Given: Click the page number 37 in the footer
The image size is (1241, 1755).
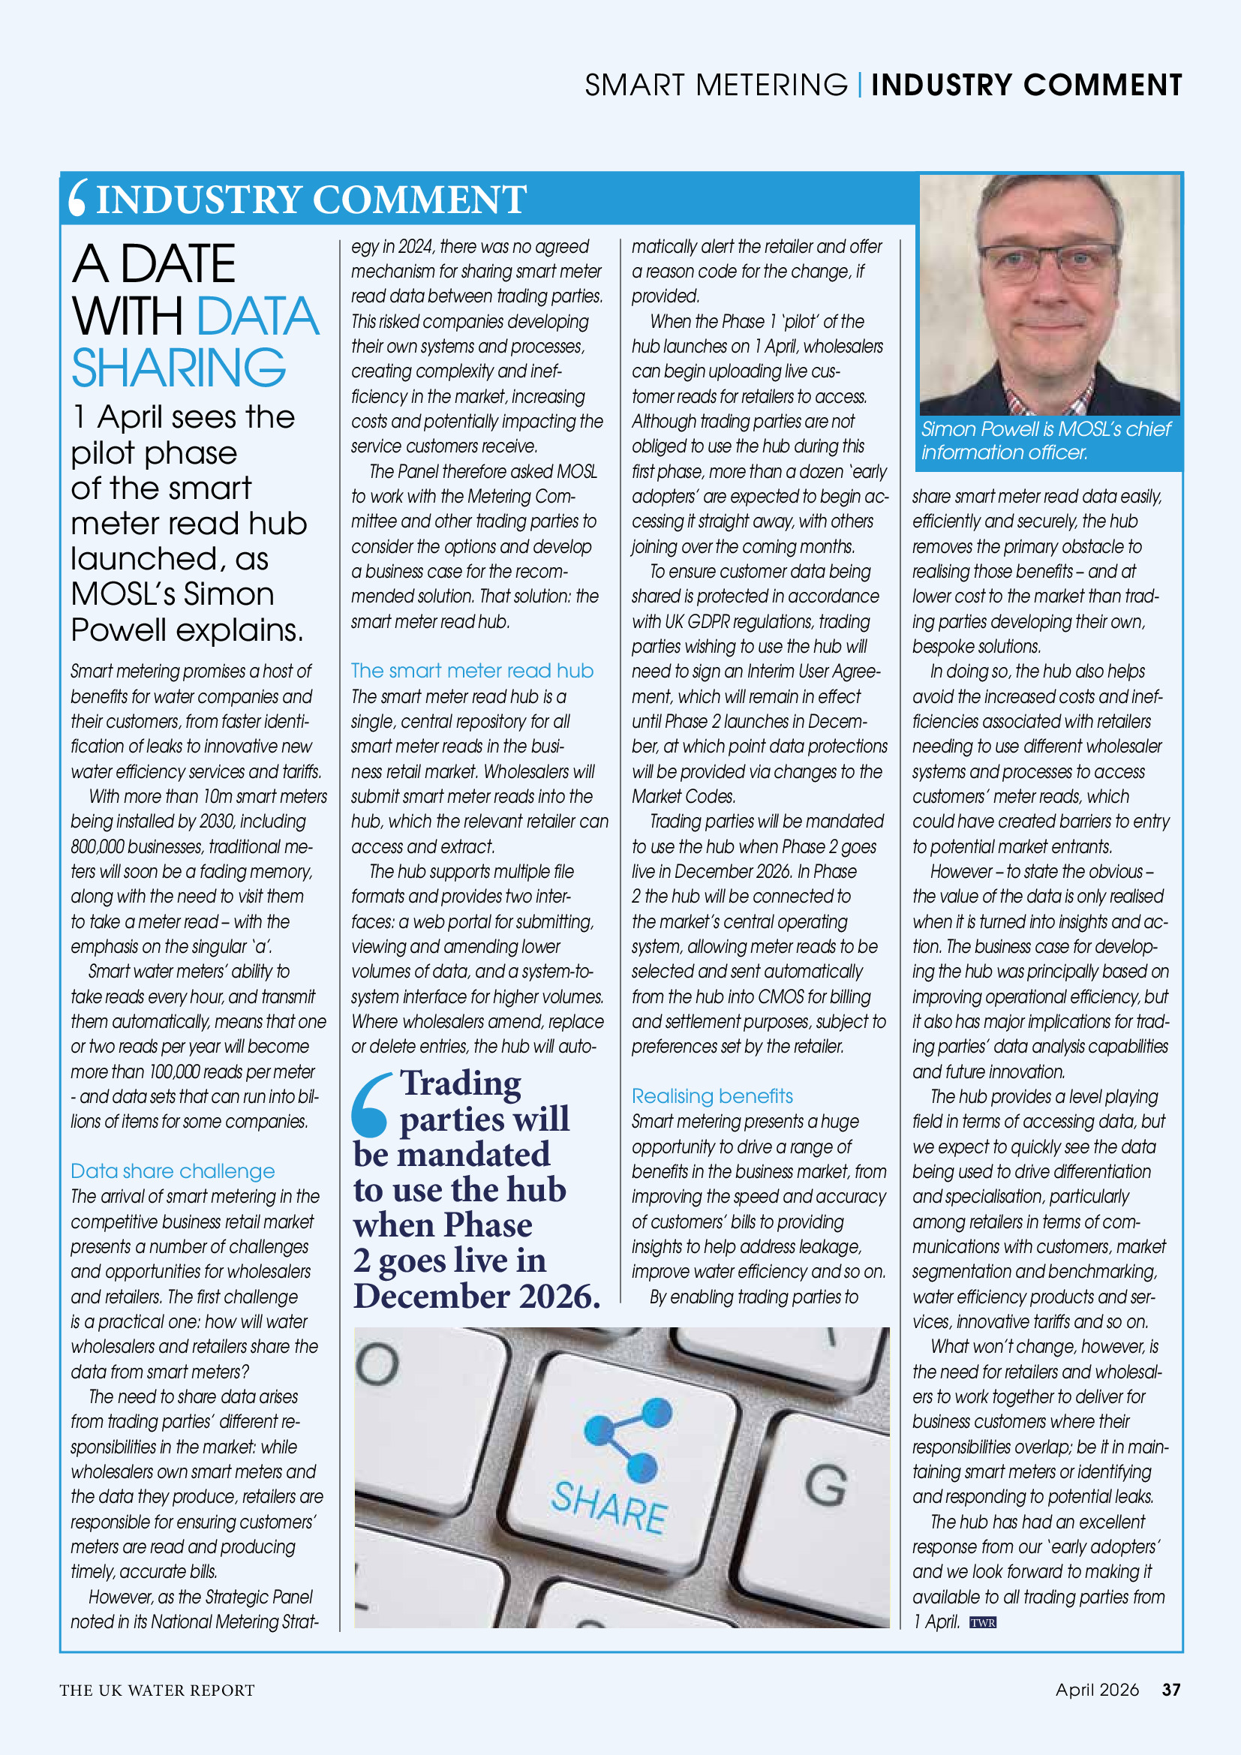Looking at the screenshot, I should coord(1170,1689).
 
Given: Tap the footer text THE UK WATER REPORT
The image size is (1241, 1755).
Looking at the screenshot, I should coord(158,1690).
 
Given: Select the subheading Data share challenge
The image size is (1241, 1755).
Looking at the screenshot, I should coord(173,1171).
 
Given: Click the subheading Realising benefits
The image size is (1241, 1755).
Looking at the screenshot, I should coord(712,1096).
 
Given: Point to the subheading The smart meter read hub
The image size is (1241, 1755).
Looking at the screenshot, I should coord(472,670).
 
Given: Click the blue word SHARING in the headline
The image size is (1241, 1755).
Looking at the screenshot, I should coord(179,368).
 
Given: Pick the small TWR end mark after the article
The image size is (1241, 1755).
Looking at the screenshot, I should coord(983,1623).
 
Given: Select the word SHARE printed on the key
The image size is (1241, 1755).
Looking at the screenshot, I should coord(609,1507).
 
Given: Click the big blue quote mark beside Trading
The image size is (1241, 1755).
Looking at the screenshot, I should coord(371,1105).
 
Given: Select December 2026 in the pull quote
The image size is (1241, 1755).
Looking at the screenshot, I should coord(476,1297).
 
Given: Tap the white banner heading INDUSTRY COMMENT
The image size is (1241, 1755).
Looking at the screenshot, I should coord(311,200).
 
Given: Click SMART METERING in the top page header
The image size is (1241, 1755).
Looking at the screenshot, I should coord(716,85).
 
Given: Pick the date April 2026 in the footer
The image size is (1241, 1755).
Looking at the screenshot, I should coord(1097,1689).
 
